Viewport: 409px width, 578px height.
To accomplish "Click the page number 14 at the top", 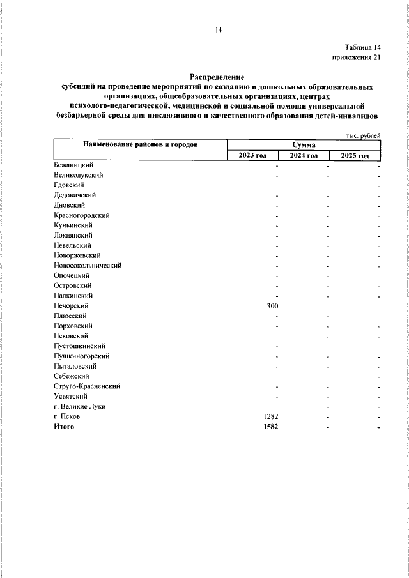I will click(x=218, y=30).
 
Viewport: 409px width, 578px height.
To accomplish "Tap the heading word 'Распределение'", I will click(x=217, y=77).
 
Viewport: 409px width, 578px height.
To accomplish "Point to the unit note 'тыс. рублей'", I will click(x=363, y=135).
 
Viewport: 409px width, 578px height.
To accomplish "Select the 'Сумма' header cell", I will click(x=304, y=146).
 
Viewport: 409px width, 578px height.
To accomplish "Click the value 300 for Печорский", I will click(x=272, y=306).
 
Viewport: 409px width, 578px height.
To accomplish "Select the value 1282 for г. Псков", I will click(x=270, y=416).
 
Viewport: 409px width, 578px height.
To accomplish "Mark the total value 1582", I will click(x=270, y=427).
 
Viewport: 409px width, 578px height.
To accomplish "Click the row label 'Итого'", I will click(x=65, y=426).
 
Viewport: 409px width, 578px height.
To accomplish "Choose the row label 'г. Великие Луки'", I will click(x=80, y=406).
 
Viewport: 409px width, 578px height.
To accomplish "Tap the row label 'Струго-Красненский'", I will click(x=88, y=386).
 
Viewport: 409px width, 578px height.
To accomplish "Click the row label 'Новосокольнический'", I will click(x=88, y=265).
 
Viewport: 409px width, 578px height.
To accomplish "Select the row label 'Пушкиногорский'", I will click(x=82, y=356).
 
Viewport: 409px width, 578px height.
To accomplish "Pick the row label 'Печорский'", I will click(x=71, y=306).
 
